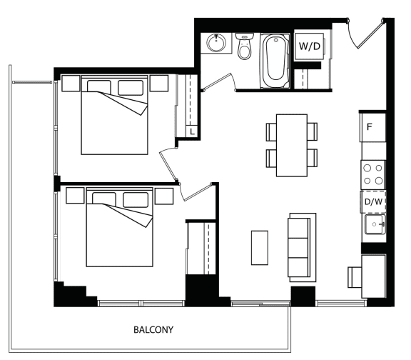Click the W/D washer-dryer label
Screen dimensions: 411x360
click(309, 46)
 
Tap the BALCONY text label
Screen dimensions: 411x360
click(153, 329)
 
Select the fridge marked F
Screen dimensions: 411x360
click(372, 127)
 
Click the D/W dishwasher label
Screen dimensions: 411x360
click(373, 201)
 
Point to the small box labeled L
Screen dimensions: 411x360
click(192, 131)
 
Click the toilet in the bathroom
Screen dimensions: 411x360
click(245, 46)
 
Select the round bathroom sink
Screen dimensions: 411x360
click(216, 43)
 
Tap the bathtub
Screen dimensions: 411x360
click(275, 61)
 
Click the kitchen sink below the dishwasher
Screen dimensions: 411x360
click(375, 224)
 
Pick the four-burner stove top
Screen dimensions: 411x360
click(373, 174)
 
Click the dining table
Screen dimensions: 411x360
click(291, 145)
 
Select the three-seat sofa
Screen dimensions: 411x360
click(302, 247)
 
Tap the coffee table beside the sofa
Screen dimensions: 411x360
click(260, 248)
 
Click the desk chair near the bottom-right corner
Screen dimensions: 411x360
click(355, 277)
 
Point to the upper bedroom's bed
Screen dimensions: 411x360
click(115, 115)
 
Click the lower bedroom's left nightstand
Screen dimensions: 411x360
click(75, 195)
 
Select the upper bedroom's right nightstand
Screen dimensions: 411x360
click(159, 83)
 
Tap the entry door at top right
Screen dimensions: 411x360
click(366, 33)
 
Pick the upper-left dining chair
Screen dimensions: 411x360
click(271, 132)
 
